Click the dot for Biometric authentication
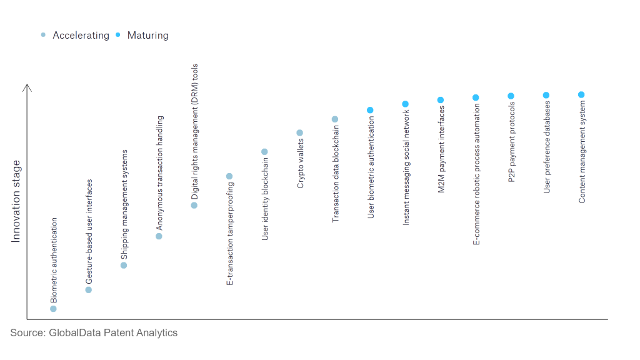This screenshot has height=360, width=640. [x=53, y=309]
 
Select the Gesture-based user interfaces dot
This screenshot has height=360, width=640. [x=89, y=290]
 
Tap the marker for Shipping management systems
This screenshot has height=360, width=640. [x=124, y=265]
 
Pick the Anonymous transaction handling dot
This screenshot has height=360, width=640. [x=159, y=236]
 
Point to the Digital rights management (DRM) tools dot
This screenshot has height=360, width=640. [x=194, y=205]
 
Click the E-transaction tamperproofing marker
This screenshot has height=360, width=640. [x=229, y=176]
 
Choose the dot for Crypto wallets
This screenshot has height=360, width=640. [x=299, y=132]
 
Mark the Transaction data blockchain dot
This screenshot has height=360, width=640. [x=335, y=119]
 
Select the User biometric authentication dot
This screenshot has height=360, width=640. [x=370, y=110]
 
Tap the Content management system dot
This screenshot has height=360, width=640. [x=581, y=95]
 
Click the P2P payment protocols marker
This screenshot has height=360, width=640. [x=511, y=96]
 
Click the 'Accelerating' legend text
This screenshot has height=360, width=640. [x=81, y=36]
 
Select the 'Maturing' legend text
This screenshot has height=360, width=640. [x=147, y=36]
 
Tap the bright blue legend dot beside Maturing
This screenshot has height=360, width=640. [x=118, y=35]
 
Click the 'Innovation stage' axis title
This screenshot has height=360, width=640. [x=16, y=202]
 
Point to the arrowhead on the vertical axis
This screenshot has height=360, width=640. [x=27, y=84]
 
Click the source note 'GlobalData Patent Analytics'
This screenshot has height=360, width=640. [x=113, y=332]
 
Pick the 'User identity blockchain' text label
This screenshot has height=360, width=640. [x=265, y=199]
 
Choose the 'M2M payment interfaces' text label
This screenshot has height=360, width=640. [x=441, y=149]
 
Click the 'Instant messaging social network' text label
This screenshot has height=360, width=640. [x=406, y=167]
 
